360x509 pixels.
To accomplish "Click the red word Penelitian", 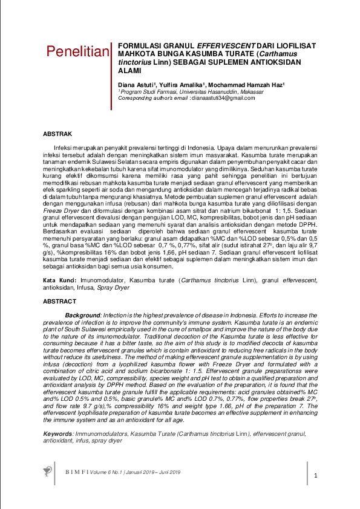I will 78,51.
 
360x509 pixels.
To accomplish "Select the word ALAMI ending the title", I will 129,70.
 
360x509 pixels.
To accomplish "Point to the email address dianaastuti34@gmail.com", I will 224,97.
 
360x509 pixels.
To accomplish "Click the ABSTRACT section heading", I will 60,301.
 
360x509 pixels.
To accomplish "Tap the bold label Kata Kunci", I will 59,281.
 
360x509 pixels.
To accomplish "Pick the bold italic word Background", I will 82,316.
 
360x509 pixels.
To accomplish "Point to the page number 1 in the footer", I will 315,477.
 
